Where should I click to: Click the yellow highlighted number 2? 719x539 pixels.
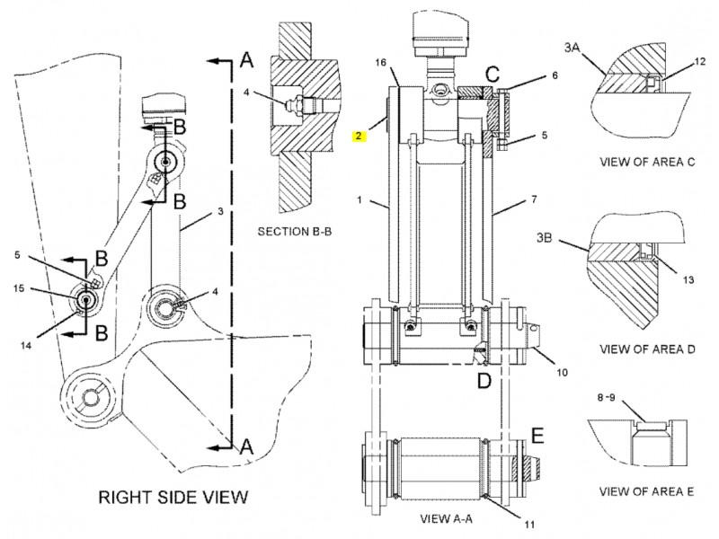pyautogui.click(x=359, y=137)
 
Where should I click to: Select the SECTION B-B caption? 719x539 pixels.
pyautogui.click(x=296, y=231)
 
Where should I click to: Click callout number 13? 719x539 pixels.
pyautogui.click(x=688, y=280)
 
